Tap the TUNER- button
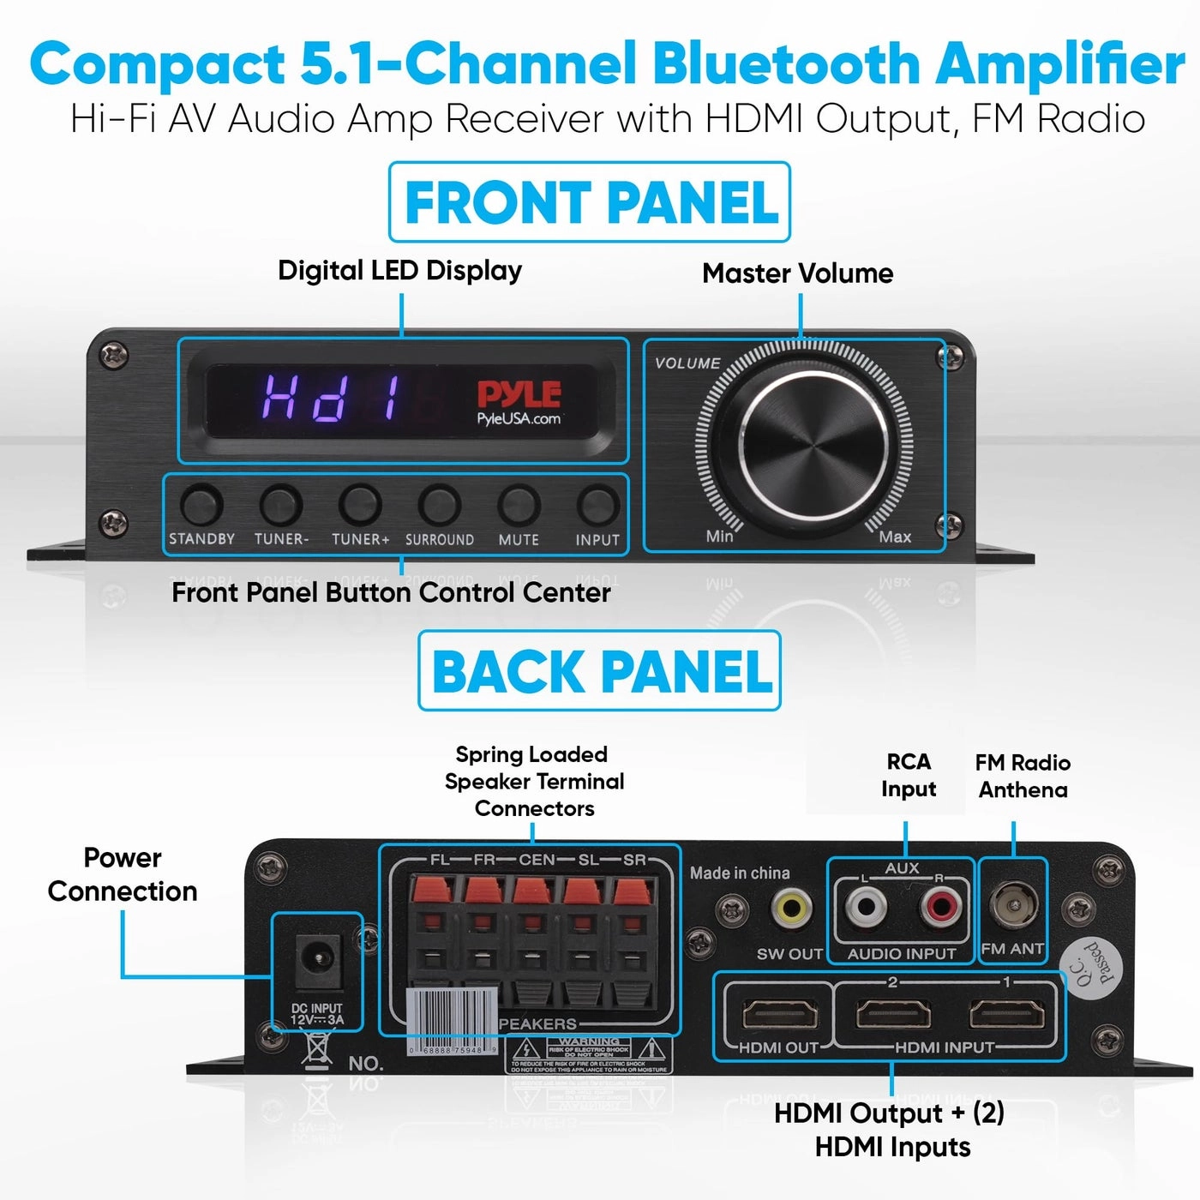click(281, 505)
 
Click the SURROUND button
click(439, 505)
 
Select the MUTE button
click(519, 505)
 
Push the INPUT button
click(597, 505)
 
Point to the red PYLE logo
click(519, 394)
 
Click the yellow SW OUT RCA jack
click(791, 907)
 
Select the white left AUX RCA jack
click(866, 906)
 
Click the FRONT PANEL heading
click(590, 202)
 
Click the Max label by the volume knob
click(895, 537)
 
